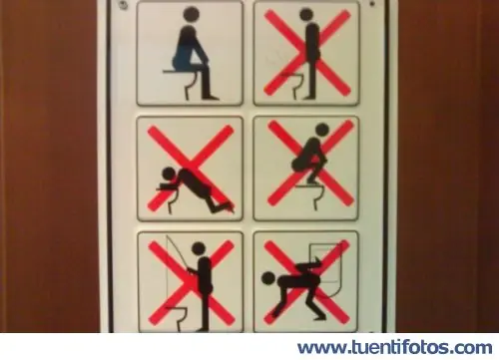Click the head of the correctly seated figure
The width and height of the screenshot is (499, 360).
click(x=191, y=14)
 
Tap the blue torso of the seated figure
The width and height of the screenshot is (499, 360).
click(x=187, y=48)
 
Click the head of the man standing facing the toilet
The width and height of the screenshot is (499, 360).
click(x=305, y=14)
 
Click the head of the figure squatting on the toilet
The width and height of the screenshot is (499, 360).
click(x=321, y=130)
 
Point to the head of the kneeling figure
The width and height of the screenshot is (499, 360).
click(x=169, y=174)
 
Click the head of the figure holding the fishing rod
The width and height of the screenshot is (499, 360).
click(x=199, y=248)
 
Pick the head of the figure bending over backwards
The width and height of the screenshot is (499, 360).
click(x=268, y=278)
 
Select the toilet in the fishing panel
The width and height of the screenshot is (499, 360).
click(x=178, y=317)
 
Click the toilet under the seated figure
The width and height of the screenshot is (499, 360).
click(x=191, y=86)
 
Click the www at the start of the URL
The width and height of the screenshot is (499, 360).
click(x=320, y=349)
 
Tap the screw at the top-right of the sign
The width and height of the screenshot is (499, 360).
click(x=373, y=4)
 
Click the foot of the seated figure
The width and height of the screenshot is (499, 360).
click(x=211, y=98)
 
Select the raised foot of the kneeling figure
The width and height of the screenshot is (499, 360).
click(x=229, y=207)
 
